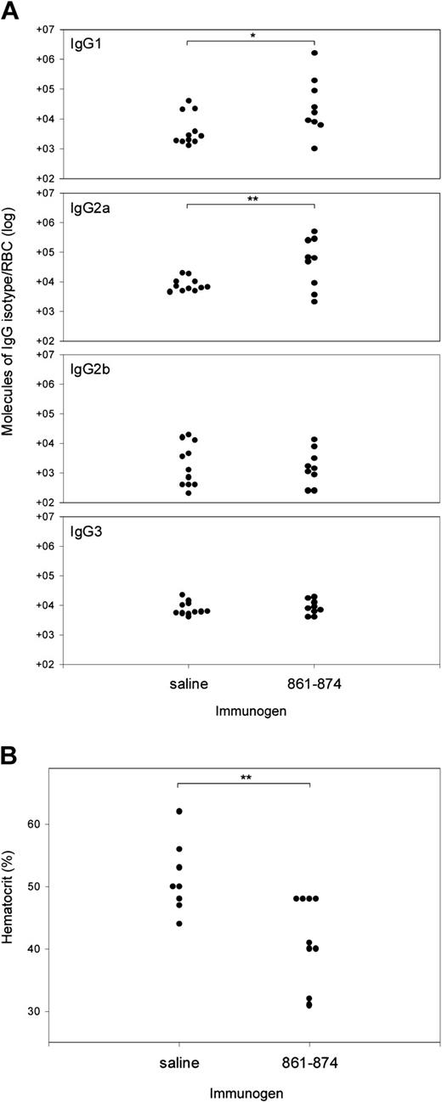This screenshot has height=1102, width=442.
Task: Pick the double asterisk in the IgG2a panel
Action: pos(251,199)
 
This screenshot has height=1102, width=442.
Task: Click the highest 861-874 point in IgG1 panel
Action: pos(314,53)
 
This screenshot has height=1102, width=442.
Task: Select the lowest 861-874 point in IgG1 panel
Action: pos(314,149)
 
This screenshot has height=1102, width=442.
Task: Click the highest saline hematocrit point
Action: pos(179,811)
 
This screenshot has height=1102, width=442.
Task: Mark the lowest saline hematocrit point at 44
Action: pos(179,924)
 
